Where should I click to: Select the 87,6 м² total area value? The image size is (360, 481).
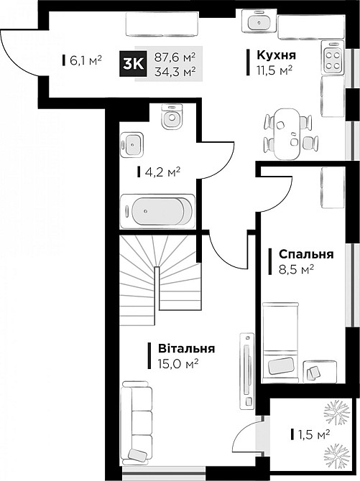coord(175,55)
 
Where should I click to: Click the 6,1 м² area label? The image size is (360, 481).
coord(86,60)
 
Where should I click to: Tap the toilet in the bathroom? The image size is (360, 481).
coord(170,117)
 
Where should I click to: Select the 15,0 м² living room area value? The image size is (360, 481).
coord(177,364)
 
